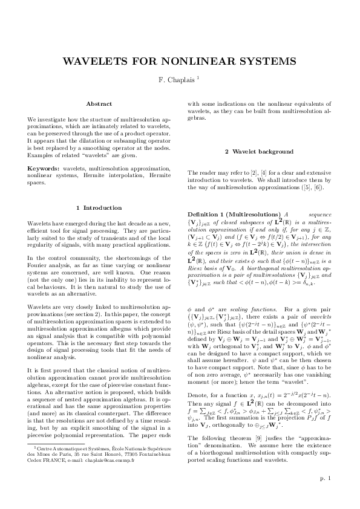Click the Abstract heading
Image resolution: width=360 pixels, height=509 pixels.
click(x=99, y=104)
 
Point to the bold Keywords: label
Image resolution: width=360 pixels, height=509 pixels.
click(x=44, y=168)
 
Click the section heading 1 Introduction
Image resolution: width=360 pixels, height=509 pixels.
click(x=99, y=208)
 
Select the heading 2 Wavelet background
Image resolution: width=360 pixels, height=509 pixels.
click(x=260, y=151)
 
